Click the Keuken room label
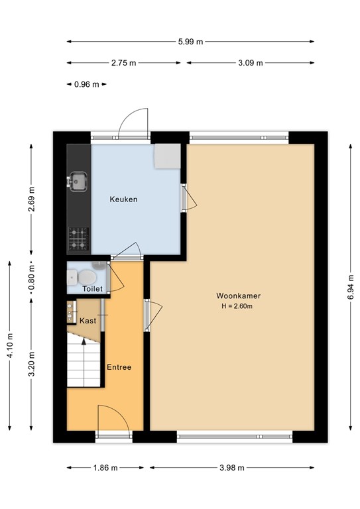point(123,199)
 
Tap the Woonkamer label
point(238,296)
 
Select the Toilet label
point(93,288)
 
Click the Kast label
point(88,321)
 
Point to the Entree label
point(119,367)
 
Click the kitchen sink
point(78,181)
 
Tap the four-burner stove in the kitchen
point(78,239)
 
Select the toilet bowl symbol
point(87,278)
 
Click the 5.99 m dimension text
point(190,42)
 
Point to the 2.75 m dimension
point(124,63)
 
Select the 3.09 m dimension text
point(251,63)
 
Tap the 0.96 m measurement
point(87,84)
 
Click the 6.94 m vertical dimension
point(351,287)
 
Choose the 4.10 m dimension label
point(10,346)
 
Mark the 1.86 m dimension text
point(105,468)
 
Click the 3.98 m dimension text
point(232,468)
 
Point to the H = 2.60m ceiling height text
point(237,306)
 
